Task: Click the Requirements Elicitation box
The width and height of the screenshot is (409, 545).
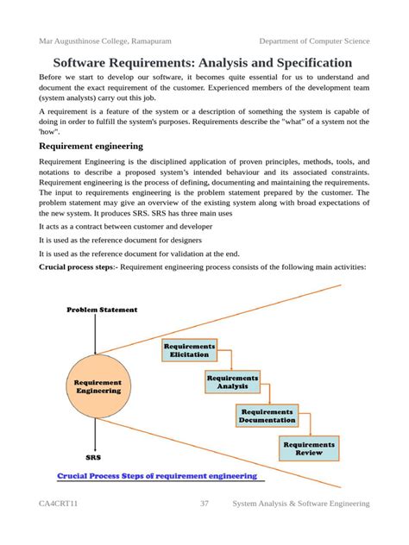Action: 188,350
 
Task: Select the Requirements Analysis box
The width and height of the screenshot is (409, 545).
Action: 231,382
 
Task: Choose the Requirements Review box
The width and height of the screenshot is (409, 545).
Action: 308,448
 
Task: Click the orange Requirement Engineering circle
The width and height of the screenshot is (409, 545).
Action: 98,386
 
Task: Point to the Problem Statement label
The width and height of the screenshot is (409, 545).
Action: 102,310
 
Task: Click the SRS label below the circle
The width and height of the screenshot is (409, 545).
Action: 93,458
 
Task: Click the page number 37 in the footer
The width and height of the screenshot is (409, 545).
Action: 204,504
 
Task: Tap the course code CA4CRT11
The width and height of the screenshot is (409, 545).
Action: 59,504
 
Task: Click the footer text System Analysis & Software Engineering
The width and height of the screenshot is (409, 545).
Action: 301,504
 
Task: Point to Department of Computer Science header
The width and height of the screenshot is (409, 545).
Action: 314,41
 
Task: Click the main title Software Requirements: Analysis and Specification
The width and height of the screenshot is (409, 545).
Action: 203,63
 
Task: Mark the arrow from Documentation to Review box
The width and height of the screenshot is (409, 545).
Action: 302,425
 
